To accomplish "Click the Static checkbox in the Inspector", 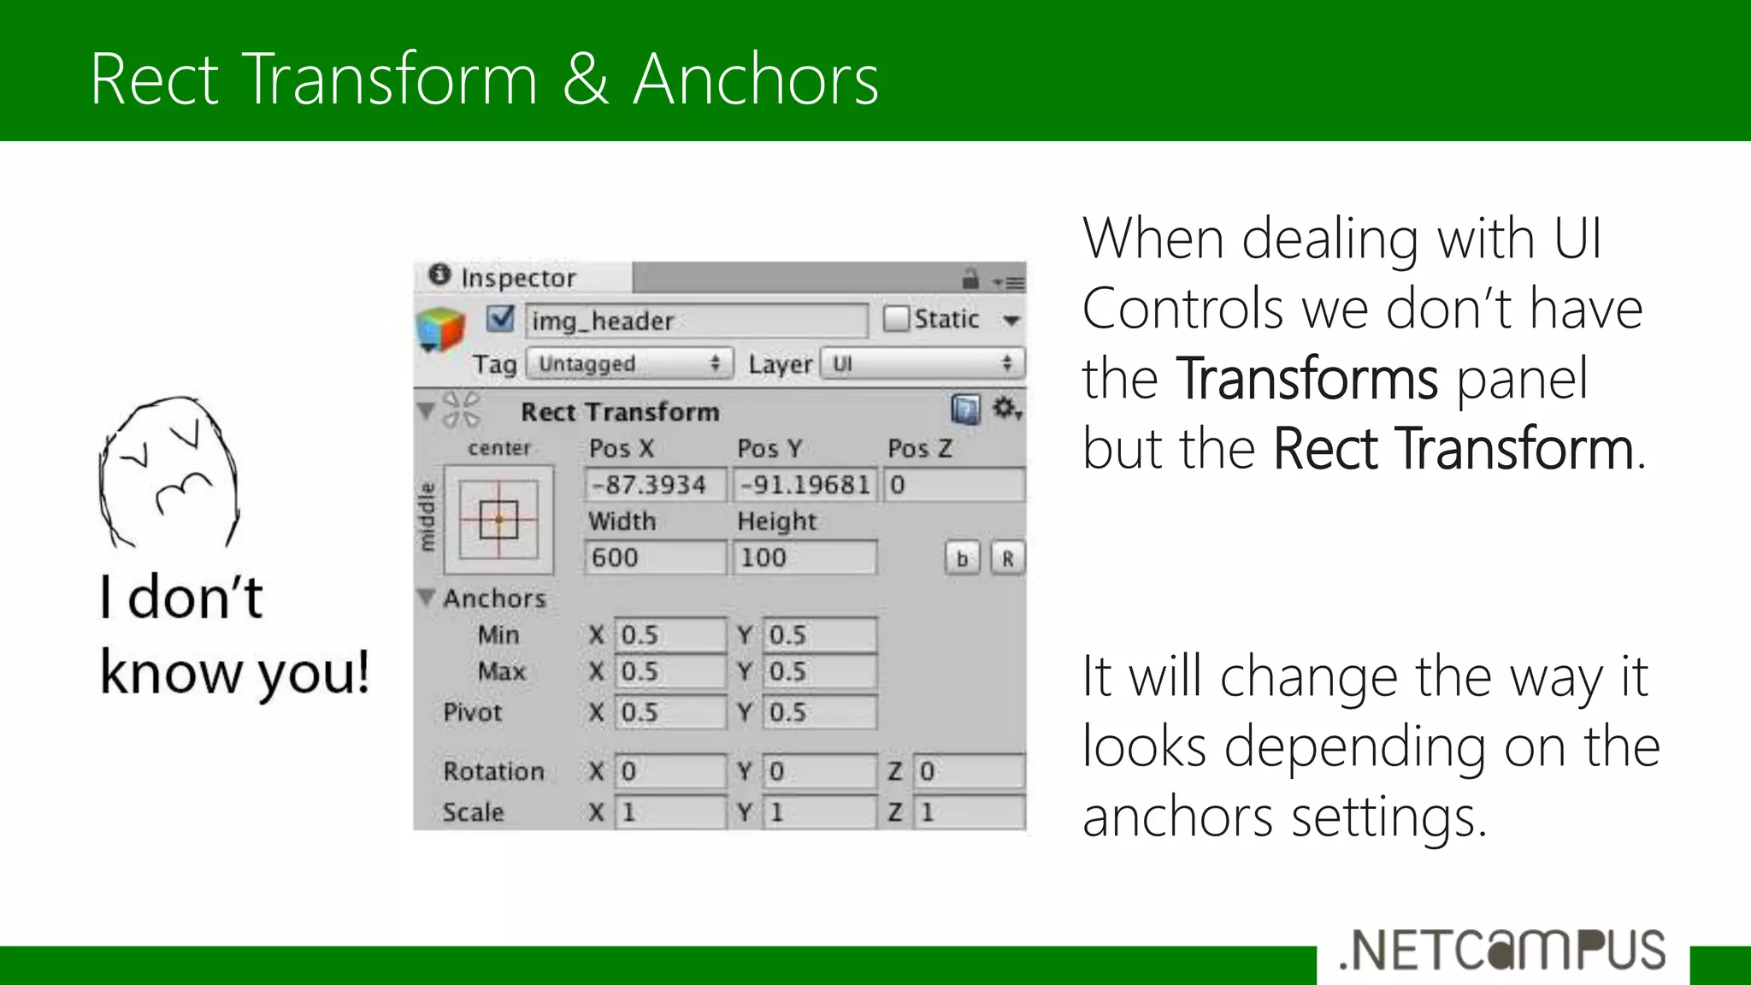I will [x=895, y=319].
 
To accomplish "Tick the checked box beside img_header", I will [x=500, y=319].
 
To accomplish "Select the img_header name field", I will [x=696, y=321].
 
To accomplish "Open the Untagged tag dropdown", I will [x=629, y=363].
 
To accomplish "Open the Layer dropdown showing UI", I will [x=922, y=363].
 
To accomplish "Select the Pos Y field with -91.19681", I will [x=805, y=485].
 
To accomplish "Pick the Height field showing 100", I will [x=805, y=557].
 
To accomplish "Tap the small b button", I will [x=962, y=558].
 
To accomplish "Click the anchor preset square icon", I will [x=498, y=519].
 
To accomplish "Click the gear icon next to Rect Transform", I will [x=1005, y=409].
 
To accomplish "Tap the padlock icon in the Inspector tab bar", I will [x=970, y=279].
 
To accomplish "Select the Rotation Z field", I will [x=969, y=771].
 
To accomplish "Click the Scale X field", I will [x=669, y=811].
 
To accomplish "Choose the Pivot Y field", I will [x=819, y=712].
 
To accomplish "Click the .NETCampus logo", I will [x=1503, y=951].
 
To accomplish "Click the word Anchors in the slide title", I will [x=756, y=79].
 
